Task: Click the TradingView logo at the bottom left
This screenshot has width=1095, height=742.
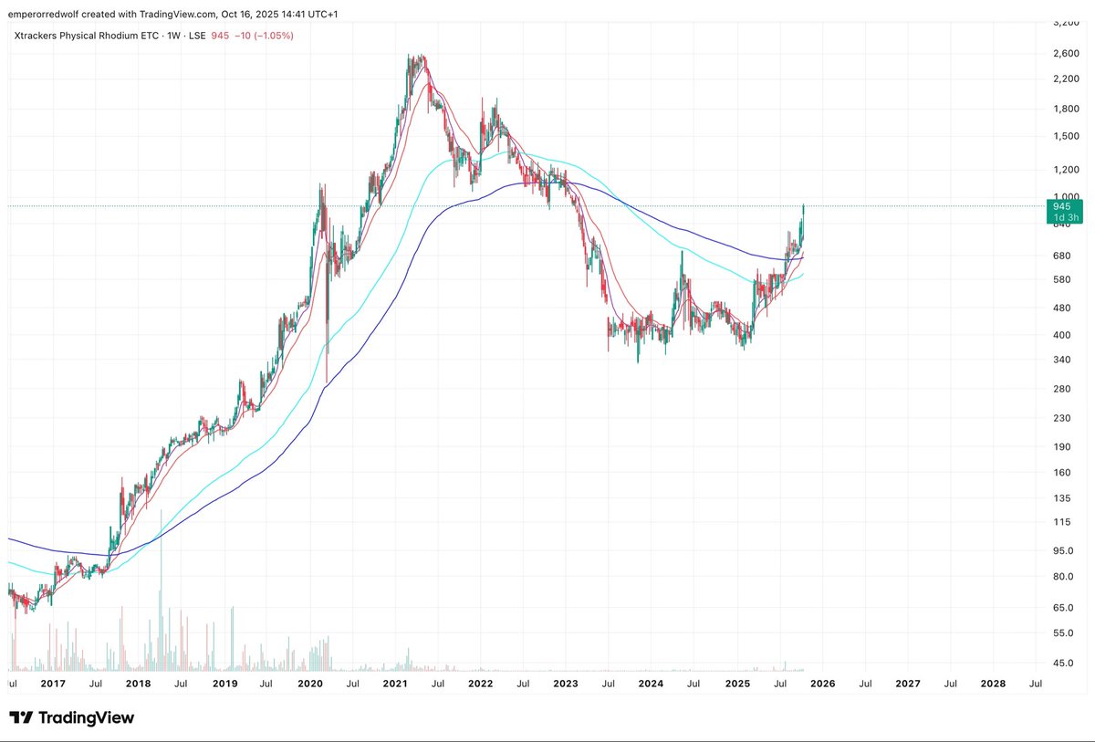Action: click(72, 717)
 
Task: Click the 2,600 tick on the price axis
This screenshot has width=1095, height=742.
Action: click(1066, 53)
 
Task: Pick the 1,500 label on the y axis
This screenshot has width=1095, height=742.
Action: click(1066, 136)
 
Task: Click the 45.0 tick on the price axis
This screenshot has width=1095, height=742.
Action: click(1065, 664)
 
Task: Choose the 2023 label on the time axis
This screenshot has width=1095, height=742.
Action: click(566, 682)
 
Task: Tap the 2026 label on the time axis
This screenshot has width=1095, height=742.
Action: click(822, 682)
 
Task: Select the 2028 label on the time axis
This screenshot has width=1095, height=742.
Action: click(993, 682)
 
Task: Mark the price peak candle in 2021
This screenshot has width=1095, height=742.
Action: click(416, 60)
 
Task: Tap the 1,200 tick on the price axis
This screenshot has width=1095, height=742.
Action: click(1066, 170)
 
